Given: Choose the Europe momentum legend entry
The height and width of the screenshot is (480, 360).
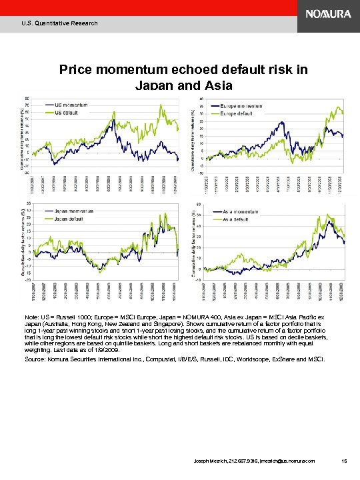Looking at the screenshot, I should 244,106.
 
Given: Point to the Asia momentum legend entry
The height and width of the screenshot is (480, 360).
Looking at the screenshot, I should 243,211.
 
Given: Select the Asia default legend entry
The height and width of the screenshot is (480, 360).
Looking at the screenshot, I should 239,219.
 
